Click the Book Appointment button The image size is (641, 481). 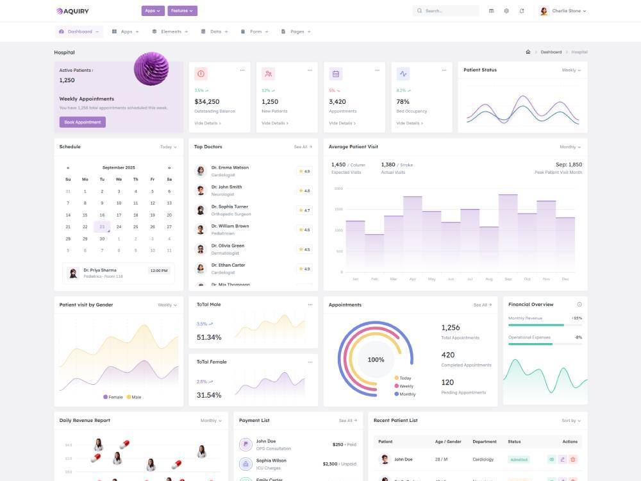point(82,122)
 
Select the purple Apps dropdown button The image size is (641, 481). point(153,11)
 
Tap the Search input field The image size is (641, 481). point(449,11)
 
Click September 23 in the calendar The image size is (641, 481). point(102,226)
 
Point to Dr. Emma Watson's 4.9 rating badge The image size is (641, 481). point(304,171)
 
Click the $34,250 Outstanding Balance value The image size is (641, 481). point(207,101)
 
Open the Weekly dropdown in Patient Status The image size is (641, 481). point(571,70)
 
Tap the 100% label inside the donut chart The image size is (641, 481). point(376,360)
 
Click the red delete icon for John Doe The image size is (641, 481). point(573,459)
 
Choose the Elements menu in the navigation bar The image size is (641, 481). point(170,31)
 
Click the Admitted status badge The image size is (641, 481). point(519,459)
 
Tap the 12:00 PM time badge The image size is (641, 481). point(158,271)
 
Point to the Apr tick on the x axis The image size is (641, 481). point(412,279)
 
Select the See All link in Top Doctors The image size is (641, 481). point(303,147)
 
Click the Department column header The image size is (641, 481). point(485,441)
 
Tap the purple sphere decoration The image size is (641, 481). point(151,68)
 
